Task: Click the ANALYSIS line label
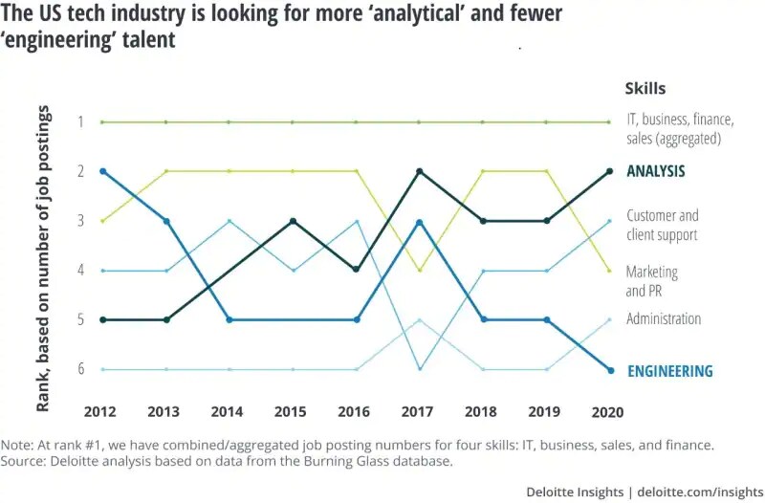click(x=656, y=172)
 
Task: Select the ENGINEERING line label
click(x=669, y=371)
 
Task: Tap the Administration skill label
click(x=664, y=319)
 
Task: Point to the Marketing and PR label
click(x=652, y=281)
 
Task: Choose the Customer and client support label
click(x=662, y=225)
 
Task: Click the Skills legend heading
click(x=645, y=89)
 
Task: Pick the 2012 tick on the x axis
click(x=101, y=412)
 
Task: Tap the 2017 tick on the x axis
click(x=418, y=412)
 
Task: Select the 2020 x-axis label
click(x=608, y=412)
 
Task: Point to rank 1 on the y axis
click(x=82, y=121)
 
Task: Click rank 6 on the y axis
click(x=82, y=369)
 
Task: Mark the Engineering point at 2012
click(x=101, y=171)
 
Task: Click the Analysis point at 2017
click(x=419, y=171)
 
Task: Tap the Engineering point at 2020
click(x=609, y=370)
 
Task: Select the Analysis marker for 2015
click(x=293, y=221)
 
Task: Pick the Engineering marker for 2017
click(x=419, y=222)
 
